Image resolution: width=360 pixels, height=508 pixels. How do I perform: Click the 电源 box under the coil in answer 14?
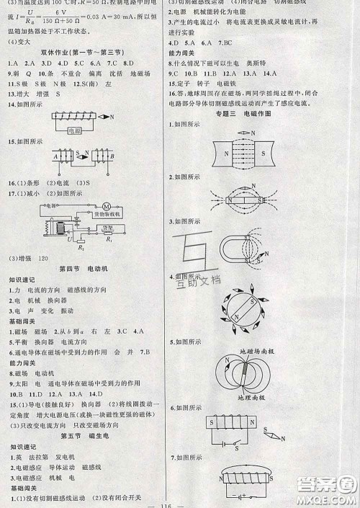click(74, 133)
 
